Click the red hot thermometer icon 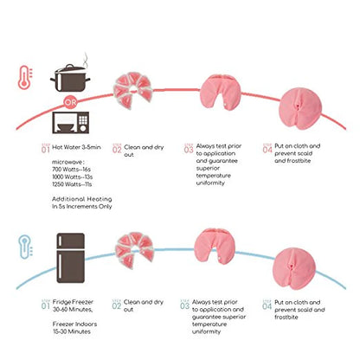pos(25,77)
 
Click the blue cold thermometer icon pos(25,247)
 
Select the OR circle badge pos(70,102)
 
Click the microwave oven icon pos(71,123)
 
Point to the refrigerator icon pos(71,258)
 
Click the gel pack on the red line pos(132,90)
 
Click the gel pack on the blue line pos(134,250)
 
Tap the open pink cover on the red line pos(221,92)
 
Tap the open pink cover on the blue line pos(215,246)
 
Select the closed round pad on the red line pos(301,108)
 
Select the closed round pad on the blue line pos(294,269)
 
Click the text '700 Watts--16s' pos(72,170)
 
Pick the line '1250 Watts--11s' pos(72,184)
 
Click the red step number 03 pos(189,149)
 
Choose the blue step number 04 pos(267,305)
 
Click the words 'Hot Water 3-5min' pos(76,147)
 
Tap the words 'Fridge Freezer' pos(73,302)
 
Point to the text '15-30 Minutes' pos(72,331)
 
